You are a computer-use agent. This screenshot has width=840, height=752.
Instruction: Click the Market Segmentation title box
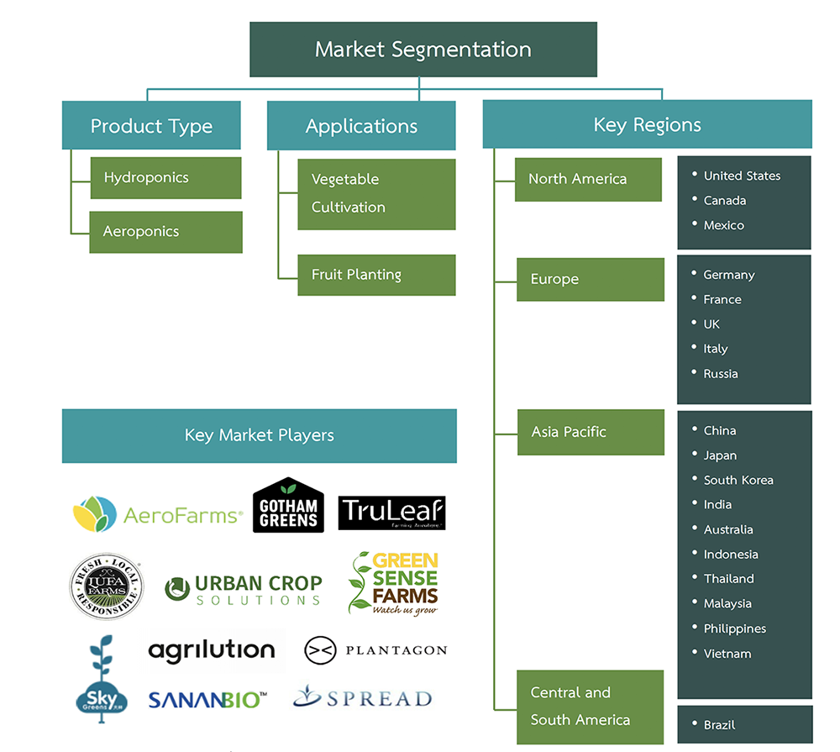(x=423, y=50)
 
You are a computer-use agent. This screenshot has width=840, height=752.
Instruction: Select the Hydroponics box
(x=165, y=178)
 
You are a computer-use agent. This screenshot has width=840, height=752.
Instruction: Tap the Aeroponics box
(x=165, y=232)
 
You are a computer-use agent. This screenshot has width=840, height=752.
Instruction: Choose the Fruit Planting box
(x=376, y=275)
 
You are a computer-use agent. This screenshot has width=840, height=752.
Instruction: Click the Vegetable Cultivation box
(x=376, y=194)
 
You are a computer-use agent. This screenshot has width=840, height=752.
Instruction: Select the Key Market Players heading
(x=259, y=435)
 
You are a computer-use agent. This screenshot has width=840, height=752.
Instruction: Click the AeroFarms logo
(x=158, y=514)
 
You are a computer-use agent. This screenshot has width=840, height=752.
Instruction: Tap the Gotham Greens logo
(x=289, y=505)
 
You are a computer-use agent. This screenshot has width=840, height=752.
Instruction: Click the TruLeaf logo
(x=391, y=513)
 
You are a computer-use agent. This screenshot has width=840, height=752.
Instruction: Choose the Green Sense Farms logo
(x=394, y=582)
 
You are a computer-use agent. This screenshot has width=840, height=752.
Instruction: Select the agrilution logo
(x=212, y=649)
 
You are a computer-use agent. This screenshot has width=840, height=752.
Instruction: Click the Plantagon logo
(x=375, y=649)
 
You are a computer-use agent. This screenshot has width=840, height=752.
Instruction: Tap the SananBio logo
(x=207, y=699)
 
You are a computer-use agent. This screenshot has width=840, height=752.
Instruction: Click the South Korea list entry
(x=738, y=481)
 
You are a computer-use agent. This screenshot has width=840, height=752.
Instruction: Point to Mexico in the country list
(x=723, y=225)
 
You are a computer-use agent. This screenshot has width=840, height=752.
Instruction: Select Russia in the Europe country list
(x=720, y=374)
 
